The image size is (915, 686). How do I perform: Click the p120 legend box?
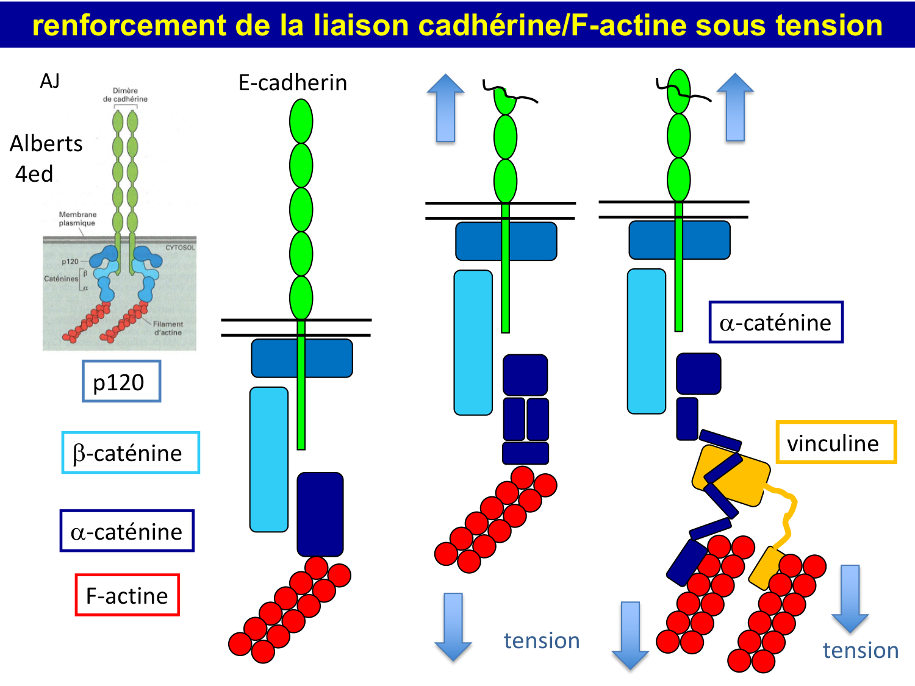(121, 381)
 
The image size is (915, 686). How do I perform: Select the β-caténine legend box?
(131, 452)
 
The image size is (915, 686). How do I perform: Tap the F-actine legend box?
(127, 595)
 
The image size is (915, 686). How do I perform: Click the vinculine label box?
(836, 443)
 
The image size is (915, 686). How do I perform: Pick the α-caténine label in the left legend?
(127, 531)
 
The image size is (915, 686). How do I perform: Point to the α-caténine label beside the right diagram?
(775, 322)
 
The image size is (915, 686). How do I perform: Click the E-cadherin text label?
(293, 82)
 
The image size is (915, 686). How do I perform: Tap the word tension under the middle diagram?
(542, 640)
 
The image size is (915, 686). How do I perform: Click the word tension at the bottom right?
(861, 650)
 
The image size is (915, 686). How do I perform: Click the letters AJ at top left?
(50, 81)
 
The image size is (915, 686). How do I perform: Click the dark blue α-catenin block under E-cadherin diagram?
(320, 513)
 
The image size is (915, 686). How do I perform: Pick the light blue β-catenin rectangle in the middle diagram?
(473, 343)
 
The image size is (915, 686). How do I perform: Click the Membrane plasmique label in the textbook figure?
(77, 219)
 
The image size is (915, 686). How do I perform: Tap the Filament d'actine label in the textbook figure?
(168, 328)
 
